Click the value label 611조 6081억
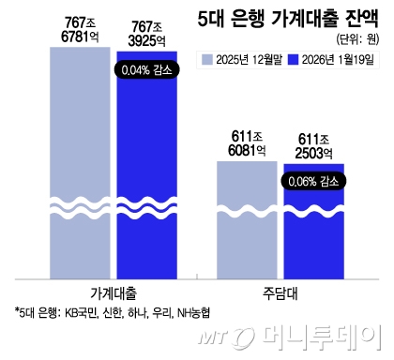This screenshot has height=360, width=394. [247, 142]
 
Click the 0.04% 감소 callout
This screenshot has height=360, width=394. [146, 68]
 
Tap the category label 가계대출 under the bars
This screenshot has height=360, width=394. [114, 292]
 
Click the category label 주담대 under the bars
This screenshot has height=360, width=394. [279, 292]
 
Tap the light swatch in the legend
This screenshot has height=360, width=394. [208, 60]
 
